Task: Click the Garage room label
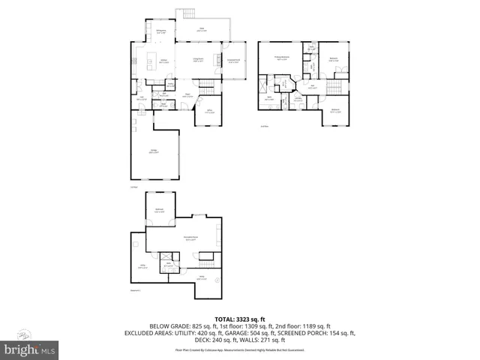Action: point(153,151)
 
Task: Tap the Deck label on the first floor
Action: point(202,30)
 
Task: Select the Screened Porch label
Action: point(234,61)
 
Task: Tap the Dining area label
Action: point(160,31)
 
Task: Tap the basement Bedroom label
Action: point(160,210)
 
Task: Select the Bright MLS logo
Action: point(27,349)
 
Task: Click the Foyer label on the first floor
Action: point(190,96)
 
